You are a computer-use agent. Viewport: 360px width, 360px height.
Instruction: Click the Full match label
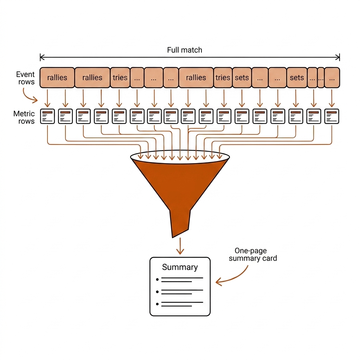pyautogui.click(x=185, y=50)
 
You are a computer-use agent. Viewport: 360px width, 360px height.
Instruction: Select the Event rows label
pyautogui.click(x=25, y=78)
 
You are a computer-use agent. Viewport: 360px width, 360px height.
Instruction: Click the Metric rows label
pyautogui.click(x=24, y=117)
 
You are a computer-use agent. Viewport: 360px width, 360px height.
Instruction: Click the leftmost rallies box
pyautogui.click(x=57, y=78)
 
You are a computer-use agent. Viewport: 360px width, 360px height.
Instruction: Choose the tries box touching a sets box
pyautogui.click(x=223, y=78)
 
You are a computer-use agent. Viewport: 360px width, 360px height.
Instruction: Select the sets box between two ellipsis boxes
pyautogui.click(x=297, y=78)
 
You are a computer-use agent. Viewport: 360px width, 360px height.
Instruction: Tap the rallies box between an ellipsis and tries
pyautogui.click(x=196, y=78)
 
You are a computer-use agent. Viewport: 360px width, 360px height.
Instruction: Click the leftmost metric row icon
pyautogui.click(x=47, y=116)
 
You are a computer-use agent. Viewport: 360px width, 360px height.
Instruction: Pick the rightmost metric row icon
pyautogui.click(x=332, y=116)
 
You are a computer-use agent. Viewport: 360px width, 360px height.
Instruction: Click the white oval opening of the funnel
pyautogui.click(x=180, y=157)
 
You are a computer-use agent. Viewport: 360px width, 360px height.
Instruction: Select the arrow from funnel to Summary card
pyautogui.click(x=180, y=246)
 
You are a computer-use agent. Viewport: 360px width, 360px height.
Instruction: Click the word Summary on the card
pyautogui.click(x=180, y=267)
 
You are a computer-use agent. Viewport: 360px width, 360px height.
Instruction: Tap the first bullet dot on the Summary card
pyautogui.click(x=157, y=279)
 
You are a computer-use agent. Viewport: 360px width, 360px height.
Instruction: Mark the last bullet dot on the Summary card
pyautogui.click(x=157, y=304)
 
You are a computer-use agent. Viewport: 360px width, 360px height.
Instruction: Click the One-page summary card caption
pyautogui.click(x=253, y=255)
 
